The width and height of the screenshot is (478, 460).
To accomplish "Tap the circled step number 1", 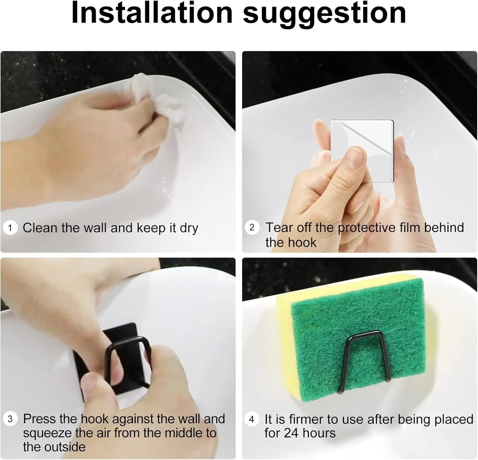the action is (x=10, y=228).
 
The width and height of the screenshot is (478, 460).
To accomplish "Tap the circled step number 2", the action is (x=252, y=227).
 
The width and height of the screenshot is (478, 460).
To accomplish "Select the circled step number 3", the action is (x=10, y=419).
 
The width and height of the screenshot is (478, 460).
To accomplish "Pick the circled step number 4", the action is (x=252, y=419).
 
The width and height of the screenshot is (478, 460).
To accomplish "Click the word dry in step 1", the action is (x=189, y=228).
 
